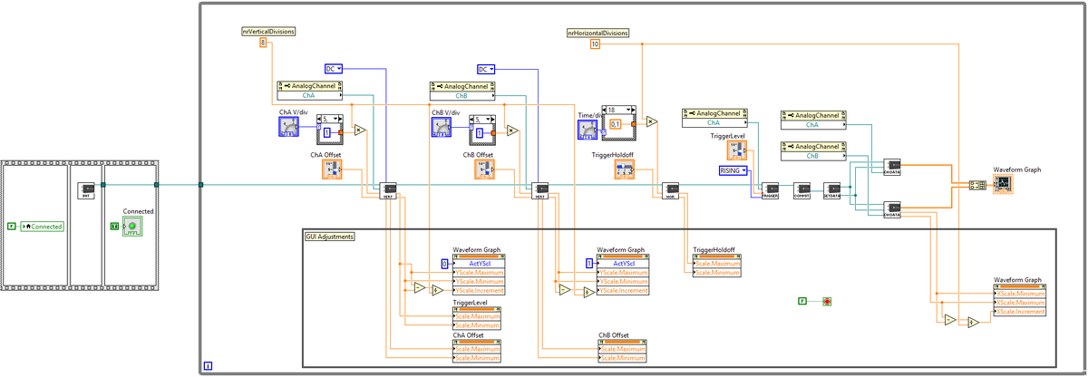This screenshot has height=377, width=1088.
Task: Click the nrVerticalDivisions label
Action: [268, 31]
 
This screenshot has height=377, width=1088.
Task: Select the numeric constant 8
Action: [263, 43]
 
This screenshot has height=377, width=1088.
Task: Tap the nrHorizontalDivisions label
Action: [597, 33]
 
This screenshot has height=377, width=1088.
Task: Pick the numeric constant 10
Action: [595, 43]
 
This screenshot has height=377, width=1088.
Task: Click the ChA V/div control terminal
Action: [289, 127]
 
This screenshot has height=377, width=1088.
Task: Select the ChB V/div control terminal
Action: [441, 127]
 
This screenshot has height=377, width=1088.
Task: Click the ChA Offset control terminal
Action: [332, 169]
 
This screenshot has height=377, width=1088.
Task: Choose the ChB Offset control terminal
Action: [484, 169]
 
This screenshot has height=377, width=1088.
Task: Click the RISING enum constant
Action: [733, 170]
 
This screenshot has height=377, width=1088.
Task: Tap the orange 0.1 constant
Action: [616, 124]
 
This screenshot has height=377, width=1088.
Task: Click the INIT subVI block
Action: [87, 192]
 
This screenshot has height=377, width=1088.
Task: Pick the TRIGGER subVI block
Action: [771, 191]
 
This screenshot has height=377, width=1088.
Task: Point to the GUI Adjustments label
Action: [329, 237]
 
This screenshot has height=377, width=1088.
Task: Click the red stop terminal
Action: [827, 300]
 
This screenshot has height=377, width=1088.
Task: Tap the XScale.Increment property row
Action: [1021, 312]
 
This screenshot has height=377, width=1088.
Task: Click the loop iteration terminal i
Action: [208, 366]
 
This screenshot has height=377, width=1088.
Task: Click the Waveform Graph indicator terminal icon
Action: [1004, 184]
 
